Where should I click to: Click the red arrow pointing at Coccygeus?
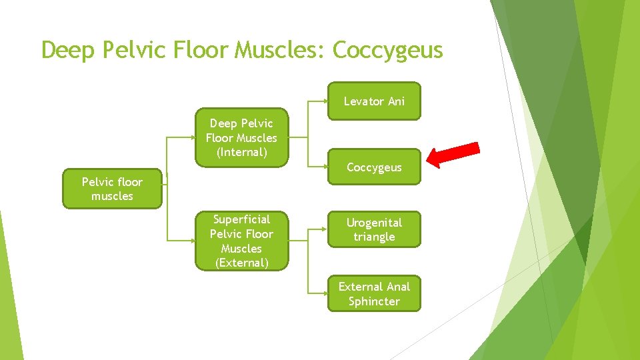coord(453,155)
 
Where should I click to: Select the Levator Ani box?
coord(374,101)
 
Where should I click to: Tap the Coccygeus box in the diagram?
coord(374,167)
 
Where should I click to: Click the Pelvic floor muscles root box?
coord(112,189)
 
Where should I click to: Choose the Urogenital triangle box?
coord(374,229)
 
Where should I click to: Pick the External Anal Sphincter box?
coord(374,294)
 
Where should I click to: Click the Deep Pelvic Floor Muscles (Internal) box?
coord(241,138)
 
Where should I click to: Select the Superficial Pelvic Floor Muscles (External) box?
coord(241,241)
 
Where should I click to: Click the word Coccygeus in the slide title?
coord(387,50)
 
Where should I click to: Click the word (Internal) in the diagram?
coord(241,153)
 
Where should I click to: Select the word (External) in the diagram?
coord(241,263)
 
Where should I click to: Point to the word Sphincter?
coord(374,301)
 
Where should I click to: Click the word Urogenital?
coord(374,222)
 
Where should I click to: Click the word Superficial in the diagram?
coord(241,219)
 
